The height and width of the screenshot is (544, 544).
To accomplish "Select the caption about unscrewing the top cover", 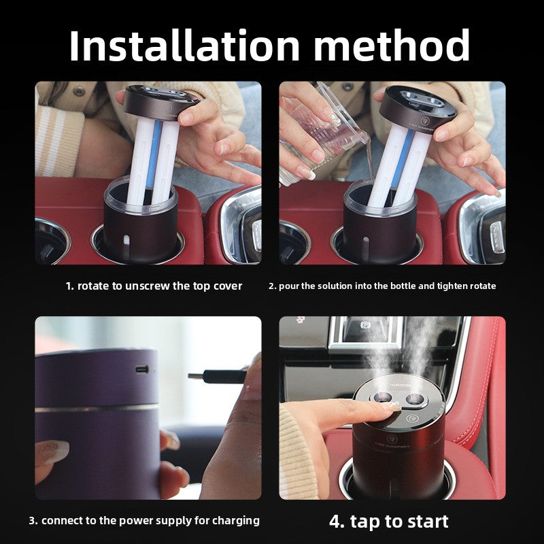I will (x=154, y=286).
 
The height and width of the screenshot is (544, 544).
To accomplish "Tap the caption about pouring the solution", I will (x=382, y=286).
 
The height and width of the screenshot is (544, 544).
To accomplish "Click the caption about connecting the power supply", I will (x=144, y=521).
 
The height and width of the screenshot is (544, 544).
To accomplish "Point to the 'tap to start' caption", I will (x=389, y=522).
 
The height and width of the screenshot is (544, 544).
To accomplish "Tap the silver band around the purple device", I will (x=95, y=409).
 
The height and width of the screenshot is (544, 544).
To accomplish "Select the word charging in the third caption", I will (x=235, y=521).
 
